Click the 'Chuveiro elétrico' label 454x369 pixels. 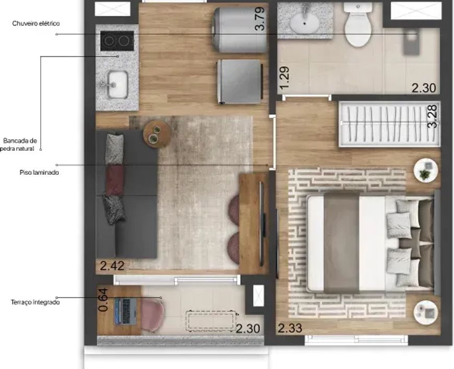(x=36, y=23)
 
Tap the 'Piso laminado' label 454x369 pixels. (x=39, y=172)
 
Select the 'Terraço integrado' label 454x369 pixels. (x=35, y=302)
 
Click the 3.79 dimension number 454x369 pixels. (x=260, y=19)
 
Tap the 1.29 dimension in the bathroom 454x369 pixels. (x=284, y=78)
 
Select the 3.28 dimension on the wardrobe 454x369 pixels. (x=432, y=116)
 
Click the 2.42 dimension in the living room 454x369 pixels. (x=112, y=266)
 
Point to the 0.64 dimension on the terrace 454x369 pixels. (x=103, y=300)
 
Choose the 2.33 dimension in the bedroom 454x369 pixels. (x=290, y=328)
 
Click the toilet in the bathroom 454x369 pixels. (x=358, y=25)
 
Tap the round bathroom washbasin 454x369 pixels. (x=304, y=21)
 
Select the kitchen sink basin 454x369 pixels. (x=117, y=84)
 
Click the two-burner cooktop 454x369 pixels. (x=117, y=41)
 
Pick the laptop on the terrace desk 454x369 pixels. (x=126, y=312)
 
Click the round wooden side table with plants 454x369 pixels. (x=157, y=134)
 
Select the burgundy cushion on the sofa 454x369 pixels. (x=115, y=180)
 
